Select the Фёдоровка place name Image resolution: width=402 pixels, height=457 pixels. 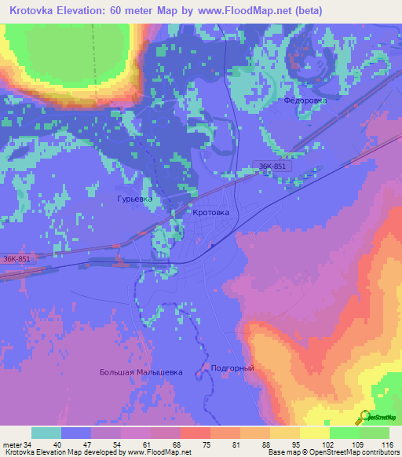[305, 101]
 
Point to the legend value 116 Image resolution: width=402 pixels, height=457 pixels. [385, 445]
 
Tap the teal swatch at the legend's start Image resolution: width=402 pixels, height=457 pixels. [46, 433]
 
